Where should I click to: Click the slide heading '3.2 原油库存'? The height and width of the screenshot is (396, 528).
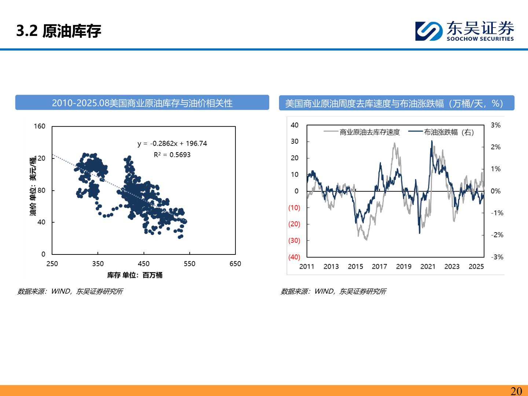(59, 31)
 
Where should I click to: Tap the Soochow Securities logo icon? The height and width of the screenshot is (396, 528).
(429, 31)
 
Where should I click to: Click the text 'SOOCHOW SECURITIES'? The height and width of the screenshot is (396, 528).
(480, 39)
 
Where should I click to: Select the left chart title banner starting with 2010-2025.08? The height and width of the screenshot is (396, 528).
(142, 103)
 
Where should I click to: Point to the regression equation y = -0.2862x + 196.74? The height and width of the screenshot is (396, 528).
(172, 143)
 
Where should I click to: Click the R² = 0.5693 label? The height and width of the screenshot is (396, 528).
(172, 155)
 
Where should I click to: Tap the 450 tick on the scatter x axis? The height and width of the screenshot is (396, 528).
(144, 264)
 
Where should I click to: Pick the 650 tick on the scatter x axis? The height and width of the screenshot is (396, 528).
(235, 264)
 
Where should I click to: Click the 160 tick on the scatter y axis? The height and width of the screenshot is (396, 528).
(40, 126)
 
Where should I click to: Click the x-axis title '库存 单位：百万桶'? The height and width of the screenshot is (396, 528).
(135, 275)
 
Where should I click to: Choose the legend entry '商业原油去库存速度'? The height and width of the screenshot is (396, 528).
(369, 132)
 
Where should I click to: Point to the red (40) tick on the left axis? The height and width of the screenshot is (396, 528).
(294, 257)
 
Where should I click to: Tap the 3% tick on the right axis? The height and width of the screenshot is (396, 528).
(495, 125)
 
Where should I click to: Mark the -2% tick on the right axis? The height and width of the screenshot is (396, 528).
(497, 235)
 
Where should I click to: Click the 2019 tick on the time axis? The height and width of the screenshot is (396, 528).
(404, 267)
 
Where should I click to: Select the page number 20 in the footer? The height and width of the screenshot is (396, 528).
(516, 391)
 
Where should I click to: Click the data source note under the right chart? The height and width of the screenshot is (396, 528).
(333, 291)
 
